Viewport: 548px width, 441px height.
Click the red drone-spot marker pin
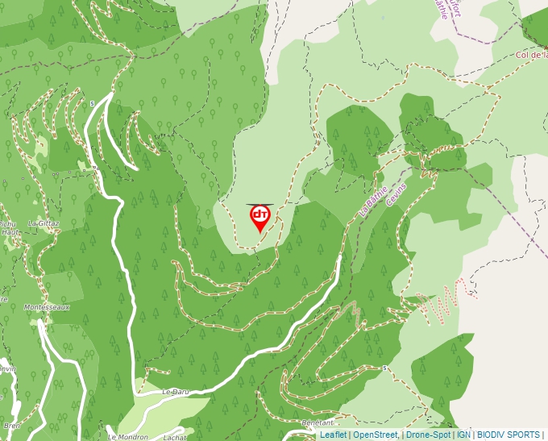coord(259,216)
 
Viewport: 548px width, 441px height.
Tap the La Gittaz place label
coord(44,223)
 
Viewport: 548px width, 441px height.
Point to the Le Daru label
coord(175,392)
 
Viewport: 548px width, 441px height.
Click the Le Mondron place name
coord(127,436)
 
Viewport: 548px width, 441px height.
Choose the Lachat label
coord(175,436)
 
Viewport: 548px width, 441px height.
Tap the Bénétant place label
coord(318,422)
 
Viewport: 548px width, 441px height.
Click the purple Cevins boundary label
coord(396,194)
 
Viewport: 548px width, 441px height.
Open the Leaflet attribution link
coord(333,435)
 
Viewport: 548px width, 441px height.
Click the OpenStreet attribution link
coord(375,435)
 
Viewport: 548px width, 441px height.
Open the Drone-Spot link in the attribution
coord(428,435)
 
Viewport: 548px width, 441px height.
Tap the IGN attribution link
coord(463,435)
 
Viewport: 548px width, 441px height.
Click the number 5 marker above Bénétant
coord(386,368)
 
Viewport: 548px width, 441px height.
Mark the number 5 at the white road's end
coord(93,103)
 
